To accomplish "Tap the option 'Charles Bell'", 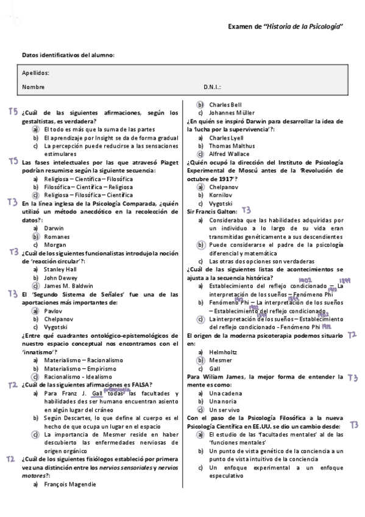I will click(225, 104).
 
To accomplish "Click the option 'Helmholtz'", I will click(224, 352).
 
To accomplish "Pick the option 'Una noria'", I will click(222, 401).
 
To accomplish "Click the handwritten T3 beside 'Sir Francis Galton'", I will click(246, 210).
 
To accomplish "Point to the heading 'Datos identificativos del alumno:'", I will click(68, 55).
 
